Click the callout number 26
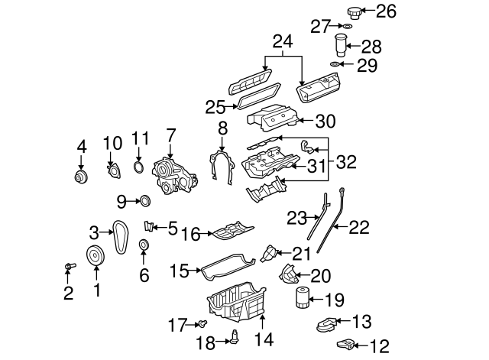click(x=387, y=11)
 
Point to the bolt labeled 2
click(x=69, y=267)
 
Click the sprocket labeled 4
click(x=80, y=178)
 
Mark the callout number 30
click(x=326, y=120)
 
